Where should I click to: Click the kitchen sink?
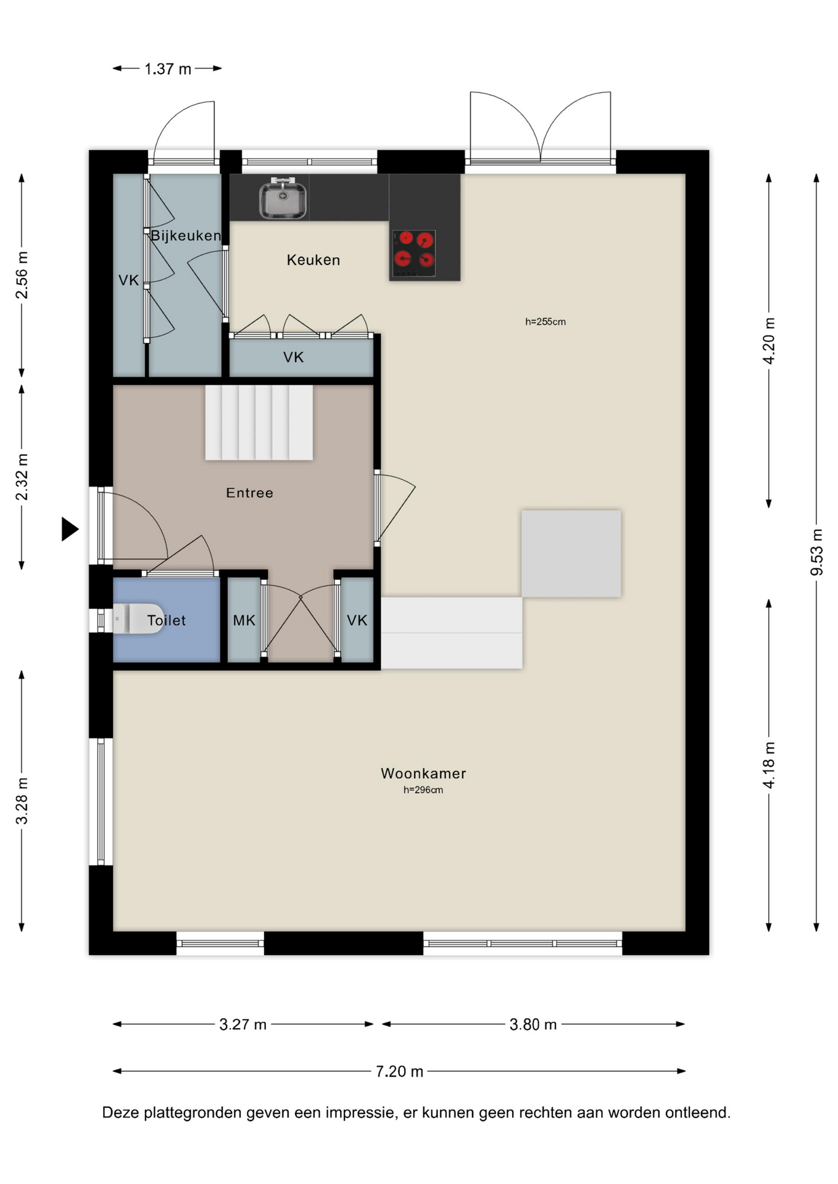click(x=283, y=198)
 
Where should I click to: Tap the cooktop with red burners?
click(x=414, y=253)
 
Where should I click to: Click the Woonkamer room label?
click(x=423, y=773)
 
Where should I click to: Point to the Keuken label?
click(x=313, y=260)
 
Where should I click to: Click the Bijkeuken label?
click(x=186, y=236)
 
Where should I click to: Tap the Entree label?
click(x=249, y=493)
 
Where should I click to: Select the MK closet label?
click(x=244, y=620)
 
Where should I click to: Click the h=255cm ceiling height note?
click(x=546, y=321)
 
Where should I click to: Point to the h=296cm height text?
click(x=423, y=790)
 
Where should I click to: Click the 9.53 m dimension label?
click(x=816, y=552)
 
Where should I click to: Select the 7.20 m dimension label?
click(x=400, y=1071)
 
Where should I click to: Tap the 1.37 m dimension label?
click(x=168, y=68)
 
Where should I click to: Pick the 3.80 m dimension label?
click(x=533, y=1024)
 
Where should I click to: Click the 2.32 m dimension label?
click(x=22, y=477)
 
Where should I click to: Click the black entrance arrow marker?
click(x=70, y=529)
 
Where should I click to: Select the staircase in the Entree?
click(x=259, y=422)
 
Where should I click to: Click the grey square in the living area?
click(x=571, y=553)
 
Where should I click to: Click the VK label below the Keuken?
click(x=294, y=357)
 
